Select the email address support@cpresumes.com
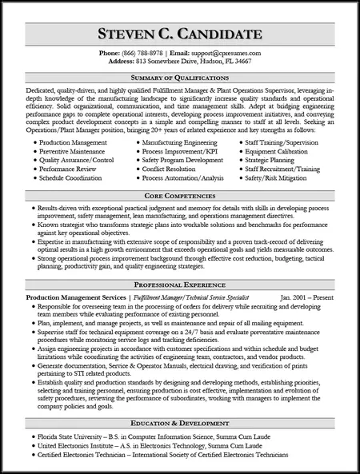point(232,52)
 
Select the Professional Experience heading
point(180,284)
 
